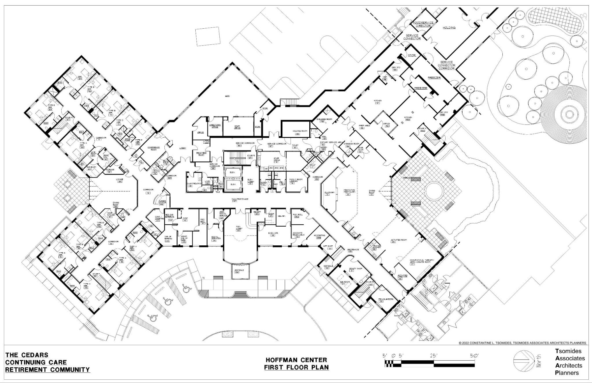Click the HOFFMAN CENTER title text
point(296,360)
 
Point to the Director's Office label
point(214,126)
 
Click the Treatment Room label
point(201,154)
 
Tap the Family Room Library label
point(296,180)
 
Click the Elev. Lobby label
point(251,180)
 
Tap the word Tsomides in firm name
point(568,351)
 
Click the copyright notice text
point(522,343)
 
